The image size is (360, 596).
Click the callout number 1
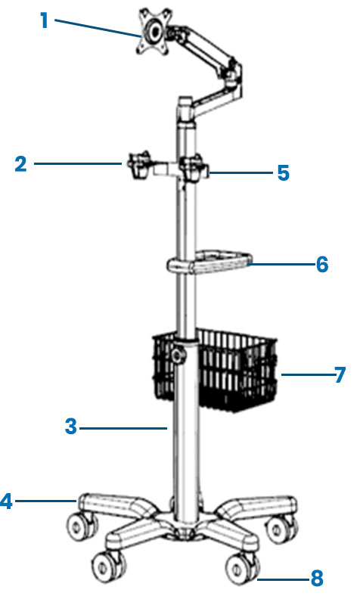45,20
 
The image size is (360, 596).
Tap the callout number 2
21,164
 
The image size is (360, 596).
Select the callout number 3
70,427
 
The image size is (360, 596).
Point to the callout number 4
7,501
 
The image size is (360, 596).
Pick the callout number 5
283,173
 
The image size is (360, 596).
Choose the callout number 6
322,264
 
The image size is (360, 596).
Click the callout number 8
317,579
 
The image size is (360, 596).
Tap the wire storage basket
215,371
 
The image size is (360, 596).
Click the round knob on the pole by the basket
177,355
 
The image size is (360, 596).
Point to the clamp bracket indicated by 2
138,166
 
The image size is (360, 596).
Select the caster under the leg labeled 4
82,526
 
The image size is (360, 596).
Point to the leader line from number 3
123,428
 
